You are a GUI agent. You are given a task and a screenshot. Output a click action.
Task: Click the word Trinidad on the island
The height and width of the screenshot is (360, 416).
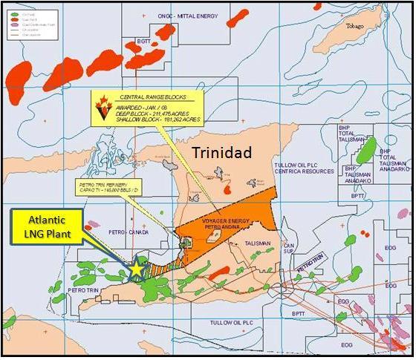222,152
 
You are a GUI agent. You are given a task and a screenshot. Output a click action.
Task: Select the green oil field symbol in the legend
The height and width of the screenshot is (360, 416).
9,8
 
